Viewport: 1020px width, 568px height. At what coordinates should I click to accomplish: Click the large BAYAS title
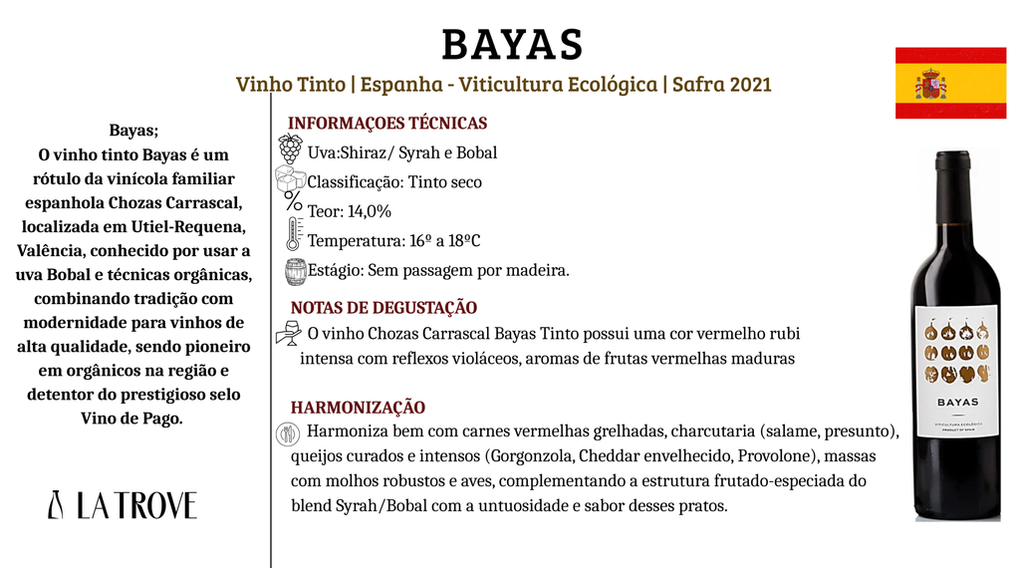(x=511, y=44)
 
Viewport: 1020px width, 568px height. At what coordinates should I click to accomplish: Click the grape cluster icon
(x=290, y=149)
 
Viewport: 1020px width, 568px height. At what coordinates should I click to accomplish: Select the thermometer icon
(x=293, y=234)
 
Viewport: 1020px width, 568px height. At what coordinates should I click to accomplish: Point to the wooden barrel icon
(x=295, y=271)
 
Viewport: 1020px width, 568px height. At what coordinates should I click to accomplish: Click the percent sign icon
(x=293, y=200)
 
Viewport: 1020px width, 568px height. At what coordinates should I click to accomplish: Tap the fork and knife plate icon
(x=286, y=433)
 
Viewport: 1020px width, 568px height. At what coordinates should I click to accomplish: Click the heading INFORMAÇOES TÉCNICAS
(x=387, y=124)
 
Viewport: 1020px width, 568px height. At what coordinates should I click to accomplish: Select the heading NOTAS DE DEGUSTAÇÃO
(x=383, y=308)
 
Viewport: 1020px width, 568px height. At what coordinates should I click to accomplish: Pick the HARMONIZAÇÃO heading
(x=358, y=408)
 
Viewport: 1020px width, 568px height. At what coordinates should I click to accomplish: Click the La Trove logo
(x=123, y=505)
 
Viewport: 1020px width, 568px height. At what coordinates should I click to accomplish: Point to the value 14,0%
(x=370, y=211)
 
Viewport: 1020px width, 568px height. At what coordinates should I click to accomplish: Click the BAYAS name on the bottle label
(x=956, y=403)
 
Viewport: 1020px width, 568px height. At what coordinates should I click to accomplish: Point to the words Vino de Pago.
(x=131, y=419)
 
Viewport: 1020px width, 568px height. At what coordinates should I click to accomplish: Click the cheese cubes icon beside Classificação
(x=291, y=179)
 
